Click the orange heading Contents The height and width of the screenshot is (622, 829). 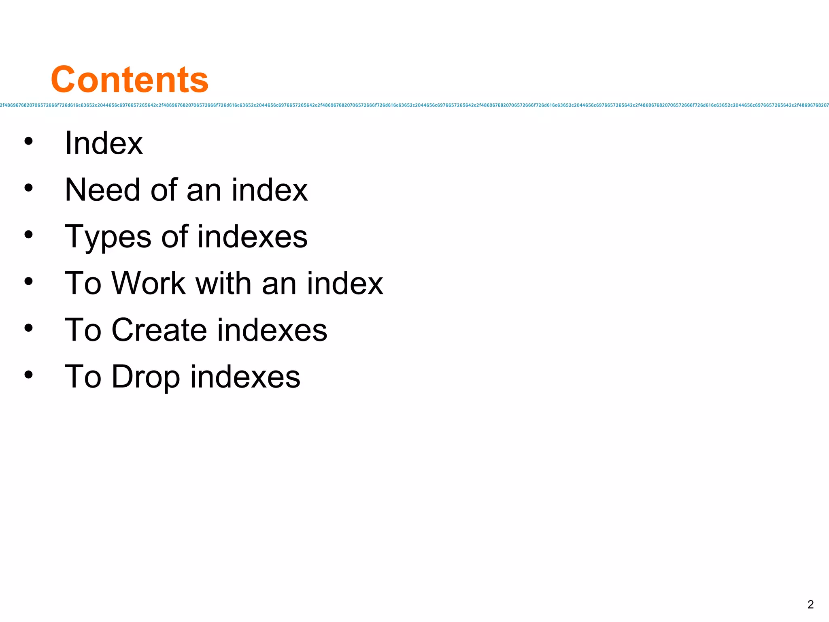[130, 79]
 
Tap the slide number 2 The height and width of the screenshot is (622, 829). [810, 605]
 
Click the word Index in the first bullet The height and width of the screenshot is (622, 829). [104, 143]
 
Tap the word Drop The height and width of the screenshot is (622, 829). [146, 377]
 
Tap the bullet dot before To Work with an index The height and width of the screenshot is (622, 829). [28, 281]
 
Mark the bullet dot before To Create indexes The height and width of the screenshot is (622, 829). [28, 328]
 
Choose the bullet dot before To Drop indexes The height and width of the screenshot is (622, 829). [28, 374]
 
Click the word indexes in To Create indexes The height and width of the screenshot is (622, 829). [272, 330]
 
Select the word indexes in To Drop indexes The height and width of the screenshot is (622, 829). [245, 377]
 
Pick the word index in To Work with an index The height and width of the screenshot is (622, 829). [344, 283]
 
